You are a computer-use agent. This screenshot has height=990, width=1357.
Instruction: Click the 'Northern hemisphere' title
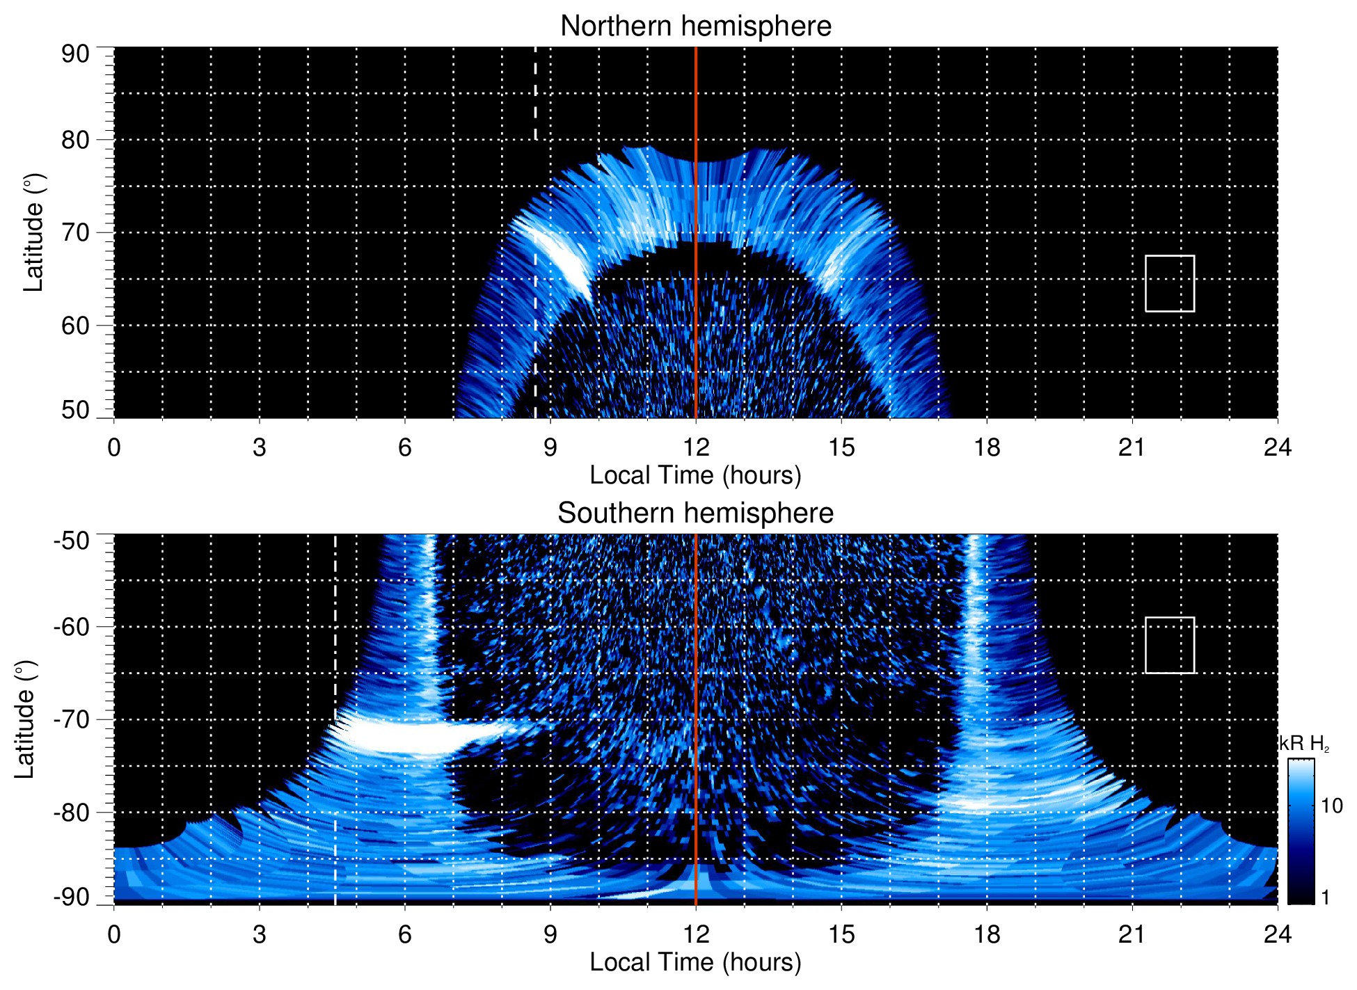[695, 26]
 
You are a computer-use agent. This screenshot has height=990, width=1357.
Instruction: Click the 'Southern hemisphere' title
[695, 513]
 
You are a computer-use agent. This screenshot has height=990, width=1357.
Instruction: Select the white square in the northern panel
[1169, 283]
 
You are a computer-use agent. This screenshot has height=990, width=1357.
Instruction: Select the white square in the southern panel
[1169, 645]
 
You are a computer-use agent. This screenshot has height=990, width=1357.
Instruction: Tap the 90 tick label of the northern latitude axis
[75, 54]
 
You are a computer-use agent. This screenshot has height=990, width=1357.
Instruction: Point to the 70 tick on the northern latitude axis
[75, 232]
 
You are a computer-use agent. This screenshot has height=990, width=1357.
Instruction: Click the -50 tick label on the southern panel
[72, 541]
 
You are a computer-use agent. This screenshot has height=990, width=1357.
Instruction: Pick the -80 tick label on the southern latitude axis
[72, 812]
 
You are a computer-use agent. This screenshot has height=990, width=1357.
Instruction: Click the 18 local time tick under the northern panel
[986, 447]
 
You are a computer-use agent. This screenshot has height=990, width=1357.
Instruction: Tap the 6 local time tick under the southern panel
[404, 934]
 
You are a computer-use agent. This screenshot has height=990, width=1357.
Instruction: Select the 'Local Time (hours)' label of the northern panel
[695, 475]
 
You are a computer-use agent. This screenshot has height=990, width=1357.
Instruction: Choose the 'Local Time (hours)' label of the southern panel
[695, 962]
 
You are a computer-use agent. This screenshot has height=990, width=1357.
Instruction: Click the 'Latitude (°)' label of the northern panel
[33, 232]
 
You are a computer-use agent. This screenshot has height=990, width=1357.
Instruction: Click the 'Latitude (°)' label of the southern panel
[25, 719]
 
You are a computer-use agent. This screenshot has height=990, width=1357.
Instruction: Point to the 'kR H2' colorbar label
[1303, 744]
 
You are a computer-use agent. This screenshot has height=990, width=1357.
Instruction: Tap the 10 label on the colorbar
[1331, 806]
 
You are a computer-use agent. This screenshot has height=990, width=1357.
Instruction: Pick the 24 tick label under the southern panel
[1277, 934]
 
